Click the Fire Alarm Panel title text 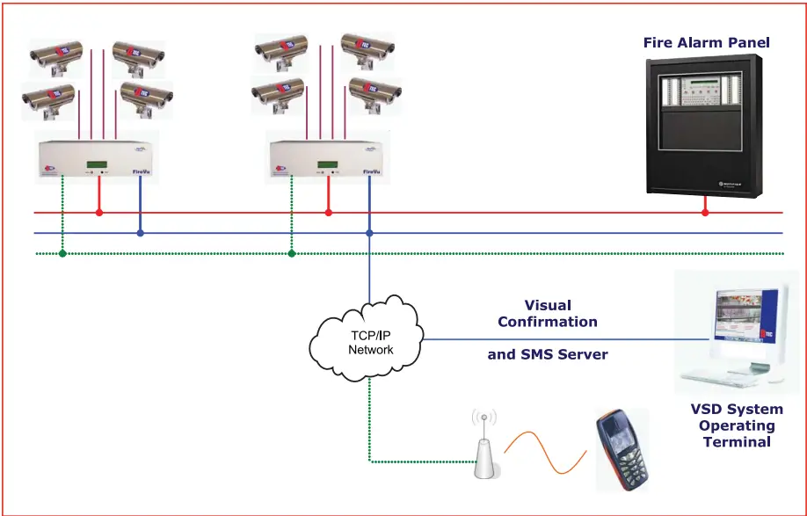(706, 42)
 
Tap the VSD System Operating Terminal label (736, 425)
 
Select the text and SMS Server (547, 355)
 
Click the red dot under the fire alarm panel (705, 212)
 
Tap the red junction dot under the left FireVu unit (99, 212)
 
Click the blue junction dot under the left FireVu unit (141, 233)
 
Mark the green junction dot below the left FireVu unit (62, 253)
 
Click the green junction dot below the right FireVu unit (292, 253)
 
